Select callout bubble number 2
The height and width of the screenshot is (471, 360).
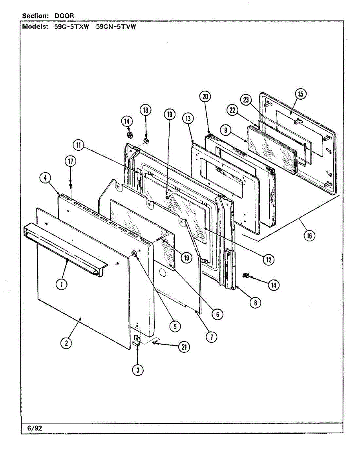(66, 343)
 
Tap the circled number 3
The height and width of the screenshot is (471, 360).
(137, 370)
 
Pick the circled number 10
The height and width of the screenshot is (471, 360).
(170, 115)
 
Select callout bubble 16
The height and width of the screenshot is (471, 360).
(309, 235)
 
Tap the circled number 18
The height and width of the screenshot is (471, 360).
(145, 110)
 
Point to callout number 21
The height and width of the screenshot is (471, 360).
(183, 347)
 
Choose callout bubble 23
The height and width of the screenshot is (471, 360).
(246, 100)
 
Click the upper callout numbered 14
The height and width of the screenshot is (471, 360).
(127, 122)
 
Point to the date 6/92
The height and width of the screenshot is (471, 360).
(35, 428)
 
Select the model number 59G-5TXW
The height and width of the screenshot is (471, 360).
(71, 27)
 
